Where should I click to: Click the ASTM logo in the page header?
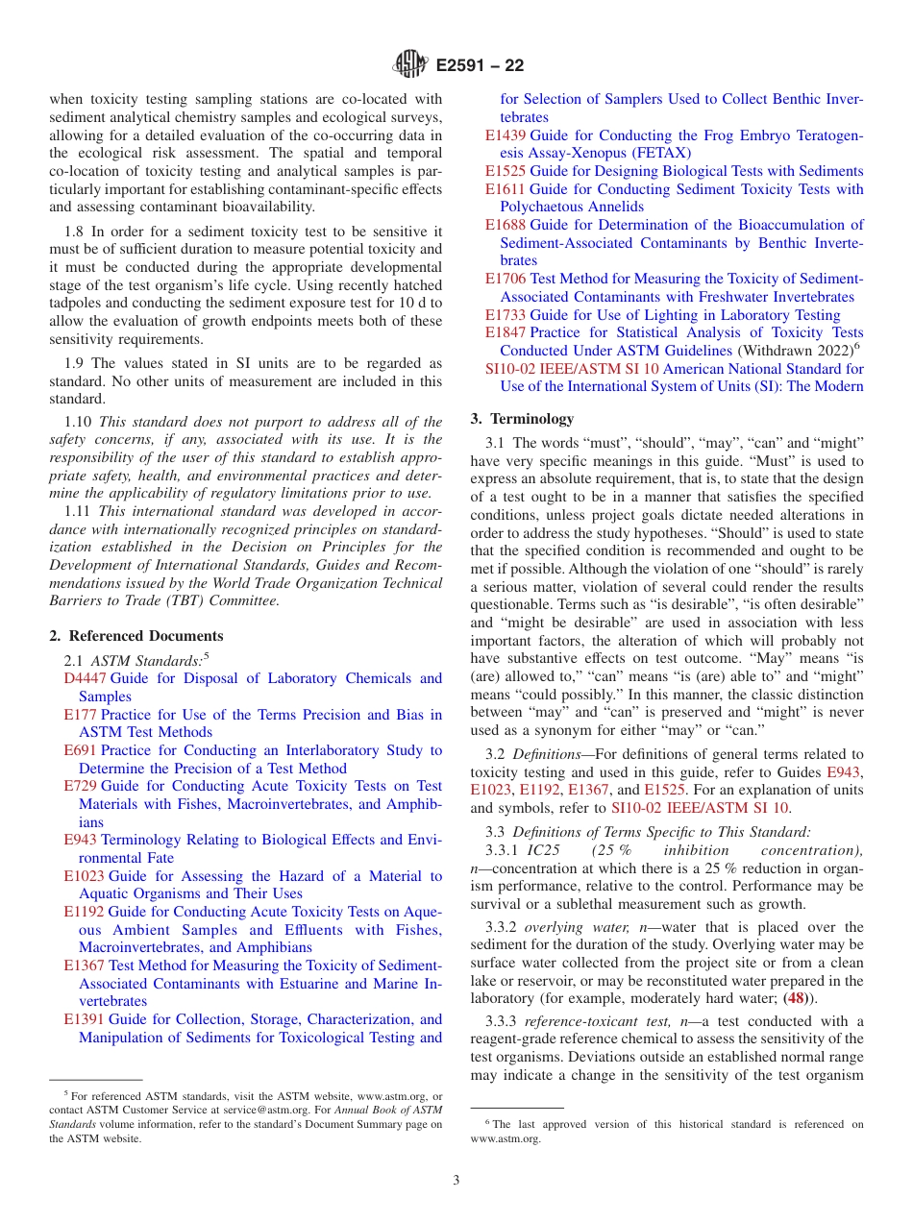tap(410, 64)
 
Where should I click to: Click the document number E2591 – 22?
tap(480, 65)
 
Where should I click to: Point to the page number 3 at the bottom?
tap(456, 1180)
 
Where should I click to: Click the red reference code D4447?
tap(84, 678)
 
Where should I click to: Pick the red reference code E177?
tap(80, 715)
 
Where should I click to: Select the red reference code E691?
tap(80, 750)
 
